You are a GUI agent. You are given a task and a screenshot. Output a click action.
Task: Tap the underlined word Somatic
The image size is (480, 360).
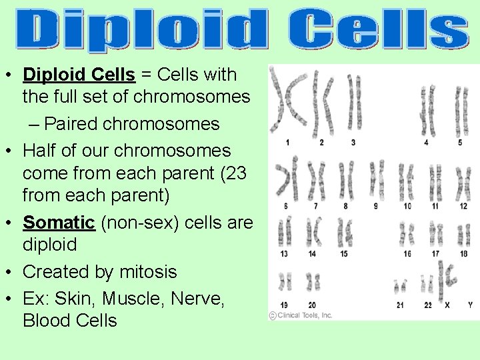click(x=59, y=223)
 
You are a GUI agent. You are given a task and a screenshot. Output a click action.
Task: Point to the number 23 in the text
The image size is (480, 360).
click(x=235, y=174)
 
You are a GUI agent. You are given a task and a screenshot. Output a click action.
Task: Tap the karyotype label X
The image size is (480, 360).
click(x=447, y=305)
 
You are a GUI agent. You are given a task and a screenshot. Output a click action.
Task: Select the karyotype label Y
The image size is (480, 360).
click(x=470, y=305)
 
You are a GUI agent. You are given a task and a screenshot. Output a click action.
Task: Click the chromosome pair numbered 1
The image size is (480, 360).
click(x=288, y=103)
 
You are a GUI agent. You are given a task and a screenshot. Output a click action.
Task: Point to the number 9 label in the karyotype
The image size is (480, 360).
click(x=375, y=206)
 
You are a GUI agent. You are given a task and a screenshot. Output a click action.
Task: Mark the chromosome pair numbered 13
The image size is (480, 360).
click(x=285, y=233)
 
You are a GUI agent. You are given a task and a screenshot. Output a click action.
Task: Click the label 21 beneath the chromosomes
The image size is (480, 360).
click(x=400, y=305)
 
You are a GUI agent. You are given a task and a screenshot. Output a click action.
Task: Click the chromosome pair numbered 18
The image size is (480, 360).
click(x=463, y=233)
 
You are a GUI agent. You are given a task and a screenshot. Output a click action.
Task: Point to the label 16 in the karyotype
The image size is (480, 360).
click(x=407, y=254)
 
